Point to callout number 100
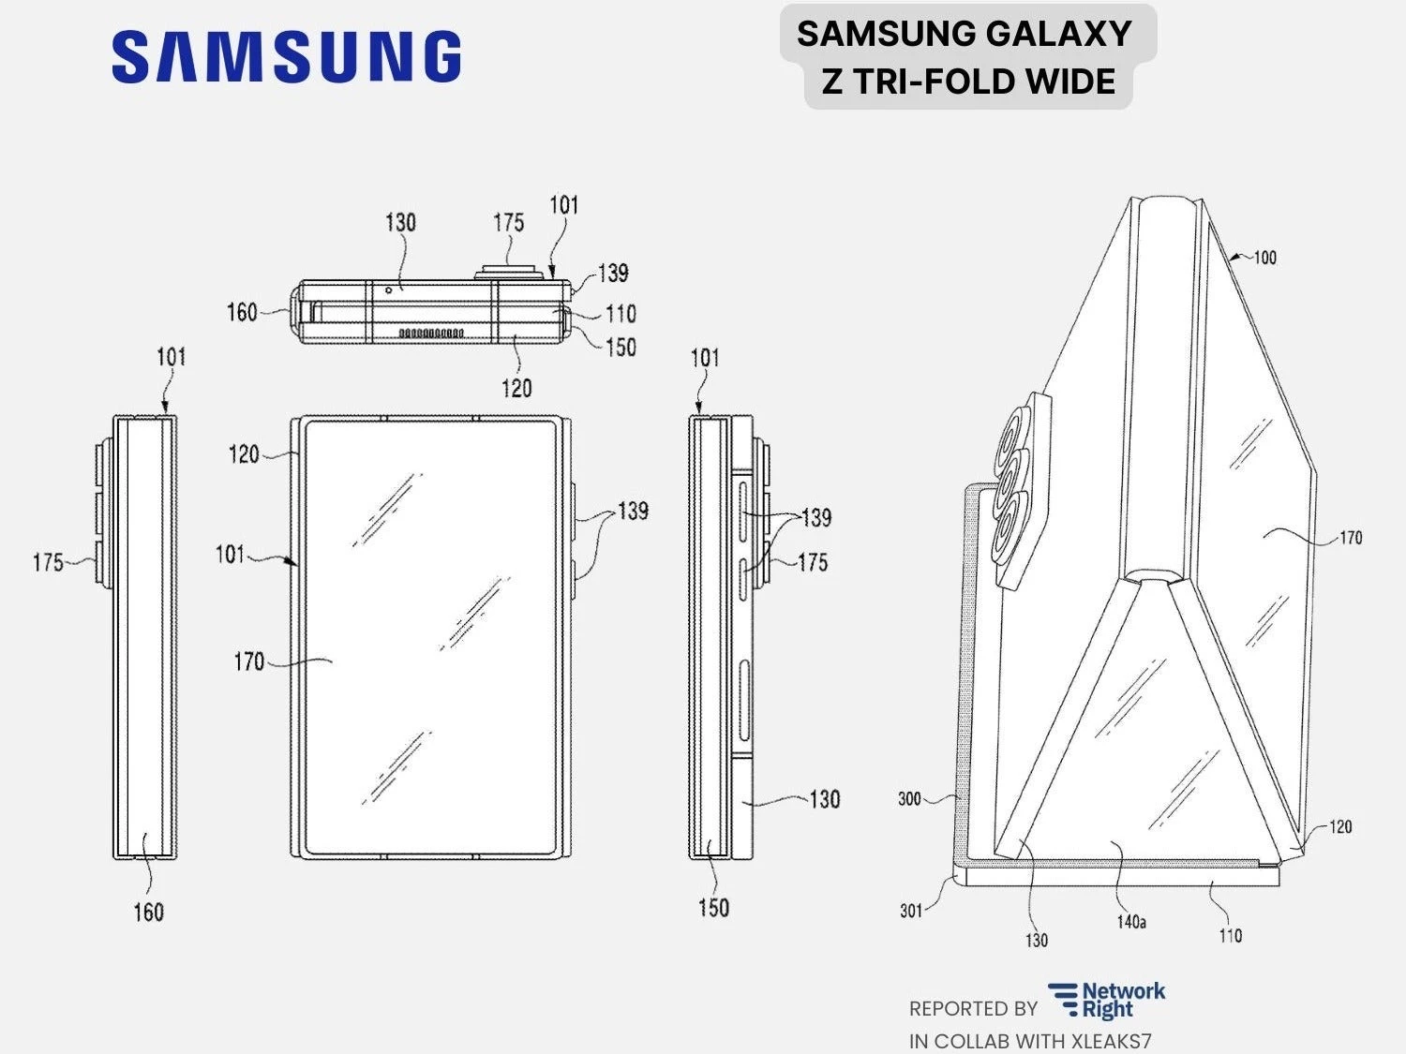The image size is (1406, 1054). [x=1264, y=258]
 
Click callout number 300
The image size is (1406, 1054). [x=909, y=799]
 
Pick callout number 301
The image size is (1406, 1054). [x=911, y=910]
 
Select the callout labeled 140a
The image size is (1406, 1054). [x=1131, y=922]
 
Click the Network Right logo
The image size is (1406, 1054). [x=1107, y=1001]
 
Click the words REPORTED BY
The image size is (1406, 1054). [x=973, y=1009]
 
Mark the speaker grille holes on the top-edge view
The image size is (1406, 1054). [x=431, y=333]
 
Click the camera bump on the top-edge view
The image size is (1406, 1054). [x=508, y=272]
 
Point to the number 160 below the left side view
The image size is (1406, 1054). [x=148, y=912]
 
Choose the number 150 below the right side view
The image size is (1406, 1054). [x=713, y=907]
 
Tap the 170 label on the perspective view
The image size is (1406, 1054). [x=1350, y=538]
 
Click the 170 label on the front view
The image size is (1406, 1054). [x=248, y=661]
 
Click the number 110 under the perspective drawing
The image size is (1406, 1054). [x=1230, y=935]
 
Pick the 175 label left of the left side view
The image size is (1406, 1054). [x=48, y=562]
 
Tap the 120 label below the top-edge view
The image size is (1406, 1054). [x=516, y=388]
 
